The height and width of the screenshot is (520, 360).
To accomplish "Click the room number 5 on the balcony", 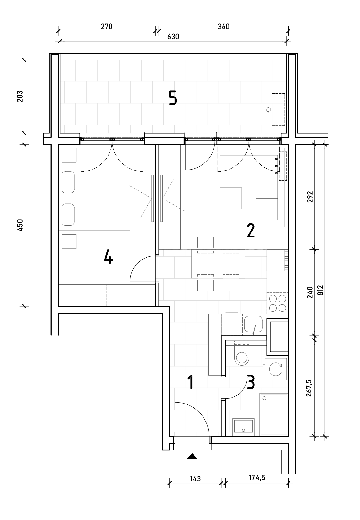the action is click(x=173, y=98).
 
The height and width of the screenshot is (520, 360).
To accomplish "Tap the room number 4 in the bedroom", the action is click(x=109, y=256).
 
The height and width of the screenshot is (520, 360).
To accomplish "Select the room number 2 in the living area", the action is click(x=251, y=231).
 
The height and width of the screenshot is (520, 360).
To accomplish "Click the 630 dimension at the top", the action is click(x=173, y=37).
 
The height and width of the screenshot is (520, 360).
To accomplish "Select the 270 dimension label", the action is click(x=107, y=27).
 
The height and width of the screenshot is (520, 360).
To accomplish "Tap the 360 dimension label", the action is click(x=224, y=27).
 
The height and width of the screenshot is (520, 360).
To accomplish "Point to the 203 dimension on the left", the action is click(x=20, y=96).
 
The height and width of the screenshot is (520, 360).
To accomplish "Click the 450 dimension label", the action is click(x=20, y=225).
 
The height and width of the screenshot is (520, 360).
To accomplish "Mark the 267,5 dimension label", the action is click(x=309, y=388).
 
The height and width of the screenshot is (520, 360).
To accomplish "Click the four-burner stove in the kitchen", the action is click(x=277, y=303).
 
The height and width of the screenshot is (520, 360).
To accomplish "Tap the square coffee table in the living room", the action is click(x=231, y=199).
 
